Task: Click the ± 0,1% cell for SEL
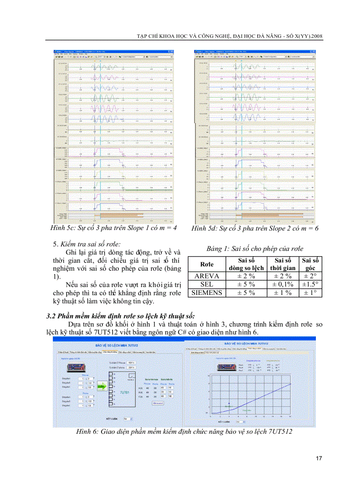pyautogui.click(x=282, y=284)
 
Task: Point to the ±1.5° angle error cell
pyautogui.click(x=310, y=284)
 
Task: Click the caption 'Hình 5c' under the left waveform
pyautogui.click(x=64, y=228)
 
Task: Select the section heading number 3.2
pyautogui.click(x=52, y=316)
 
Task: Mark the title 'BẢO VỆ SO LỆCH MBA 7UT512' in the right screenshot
pyautogui.click(x=249, y=343)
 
